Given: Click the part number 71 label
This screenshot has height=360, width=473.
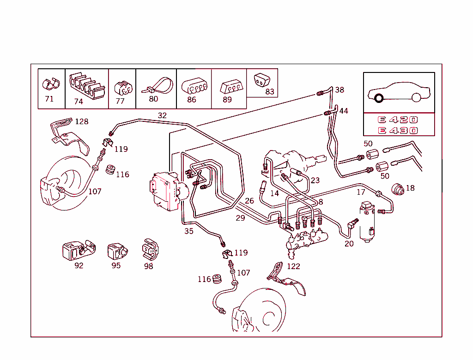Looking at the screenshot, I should point(49,99).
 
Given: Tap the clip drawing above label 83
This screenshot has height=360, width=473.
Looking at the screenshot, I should point(261,80).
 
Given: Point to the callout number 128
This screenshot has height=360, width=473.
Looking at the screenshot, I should point(81,121).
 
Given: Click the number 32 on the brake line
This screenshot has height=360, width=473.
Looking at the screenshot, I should point(162,115).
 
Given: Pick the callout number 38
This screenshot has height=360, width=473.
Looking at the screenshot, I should point(340,90).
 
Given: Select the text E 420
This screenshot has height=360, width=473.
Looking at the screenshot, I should point(398,120).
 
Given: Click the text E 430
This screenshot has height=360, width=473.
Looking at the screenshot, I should point(398,131).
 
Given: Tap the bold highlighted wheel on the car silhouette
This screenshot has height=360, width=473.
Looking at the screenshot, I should point(379,98).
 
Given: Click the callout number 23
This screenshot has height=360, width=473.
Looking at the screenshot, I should point(315,180).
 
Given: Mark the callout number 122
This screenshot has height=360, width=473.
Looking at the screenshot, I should point(293,266).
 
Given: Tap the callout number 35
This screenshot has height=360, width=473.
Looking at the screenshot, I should point(189,231).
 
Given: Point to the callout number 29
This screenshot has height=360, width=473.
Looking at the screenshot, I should point(240,218).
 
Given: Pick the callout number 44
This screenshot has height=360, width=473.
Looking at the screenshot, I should point(344,111).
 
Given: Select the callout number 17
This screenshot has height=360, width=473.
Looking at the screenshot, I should point(361,192).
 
